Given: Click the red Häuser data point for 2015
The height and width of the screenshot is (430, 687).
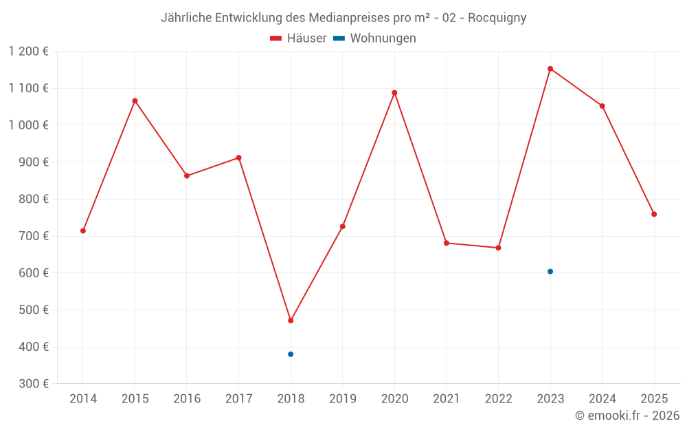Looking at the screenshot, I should point(135,101).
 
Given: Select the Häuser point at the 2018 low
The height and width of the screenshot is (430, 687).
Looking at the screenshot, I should point(291,321).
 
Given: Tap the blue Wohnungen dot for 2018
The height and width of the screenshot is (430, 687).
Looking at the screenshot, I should point(291,354).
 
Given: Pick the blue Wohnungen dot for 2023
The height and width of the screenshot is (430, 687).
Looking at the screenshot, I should point(550,272).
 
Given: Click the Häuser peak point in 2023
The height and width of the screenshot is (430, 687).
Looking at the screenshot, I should point(550,69).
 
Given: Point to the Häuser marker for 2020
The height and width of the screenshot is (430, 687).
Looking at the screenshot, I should point(394,93).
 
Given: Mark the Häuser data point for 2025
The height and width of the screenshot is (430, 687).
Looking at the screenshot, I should point(654,214).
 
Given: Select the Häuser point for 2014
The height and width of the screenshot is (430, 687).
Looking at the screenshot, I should point(83,231).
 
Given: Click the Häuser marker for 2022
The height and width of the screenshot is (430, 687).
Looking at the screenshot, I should point(498,248).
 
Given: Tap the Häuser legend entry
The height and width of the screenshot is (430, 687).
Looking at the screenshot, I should point(298,39).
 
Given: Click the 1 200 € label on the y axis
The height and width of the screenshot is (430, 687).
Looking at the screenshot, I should point(28,52).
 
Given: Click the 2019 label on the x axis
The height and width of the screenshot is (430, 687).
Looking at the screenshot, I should point(342,399).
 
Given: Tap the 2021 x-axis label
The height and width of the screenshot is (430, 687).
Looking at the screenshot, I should point(446,399).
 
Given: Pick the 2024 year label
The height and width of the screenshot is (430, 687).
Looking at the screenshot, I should point(602,399).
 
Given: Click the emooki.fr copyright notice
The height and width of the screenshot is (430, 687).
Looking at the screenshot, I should point(627,416).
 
